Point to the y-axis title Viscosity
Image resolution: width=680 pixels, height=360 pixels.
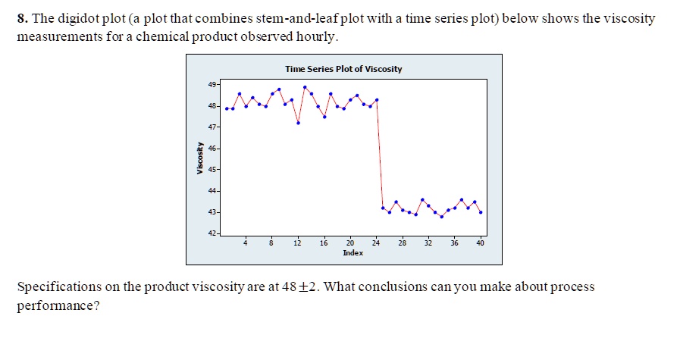pos(199,159)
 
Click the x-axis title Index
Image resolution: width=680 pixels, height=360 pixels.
pos(353,252)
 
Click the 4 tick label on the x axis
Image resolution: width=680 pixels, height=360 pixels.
pos(246,243)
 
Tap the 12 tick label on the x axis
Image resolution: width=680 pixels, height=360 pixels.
pos(297,243)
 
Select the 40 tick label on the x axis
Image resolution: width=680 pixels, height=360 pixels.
pos(480,243)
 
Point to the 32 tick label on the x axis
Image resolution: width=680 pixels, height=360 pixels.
pos(428,243)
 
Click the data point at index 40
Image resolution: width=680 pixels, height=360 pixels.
pos(481,212)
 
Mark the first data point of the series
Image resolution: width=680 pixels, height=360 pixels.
pos(227,108)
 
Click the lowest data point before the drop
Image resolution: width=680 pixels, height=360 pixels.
pos(298,122)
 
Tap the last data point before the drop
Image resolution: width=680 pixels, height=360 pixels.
pos(377,100)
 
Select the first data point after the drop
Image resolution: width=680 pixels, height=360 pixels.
pos(383,208)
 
